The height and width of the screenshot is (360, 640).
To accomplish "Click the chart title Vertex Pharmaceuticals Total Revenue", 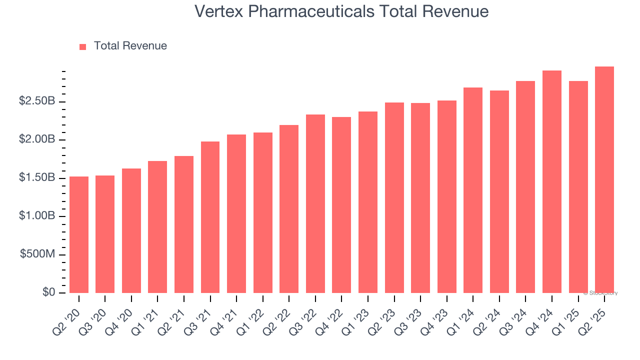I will pos(341,11).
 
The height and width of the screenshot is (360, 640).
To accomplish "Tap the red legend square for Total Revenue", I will pos(83,46).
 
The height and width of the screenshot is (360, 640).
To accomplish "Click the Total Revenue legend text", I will pos(130,46).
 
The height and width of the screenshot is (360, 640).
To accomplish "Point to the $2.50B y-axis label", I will pos(37,101).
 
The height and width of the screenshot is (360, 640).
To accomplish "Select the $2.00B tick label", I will pos(37,139).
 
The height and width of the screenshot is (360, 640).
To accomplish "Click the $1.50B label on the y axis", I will pos(37,178).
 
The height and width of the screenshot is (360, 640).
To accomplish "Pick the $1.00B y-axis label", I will pos(37,216).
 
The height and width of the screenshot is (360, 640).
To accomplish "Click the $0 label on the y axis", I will pos(48,292).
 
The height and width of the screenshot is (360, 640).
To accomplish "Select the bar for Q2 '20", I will pos(79,234).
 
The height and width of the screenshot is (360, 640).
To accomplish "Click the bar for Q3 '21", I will pos(210,217).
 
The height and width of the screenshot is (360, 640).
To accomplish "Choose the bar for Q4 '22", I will pos(341,205).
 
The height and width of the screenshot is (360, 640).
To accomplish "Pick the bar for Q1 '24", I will pos(473,190).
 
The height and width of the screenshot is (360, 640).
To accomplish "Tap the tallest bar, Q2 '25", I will pos(604,180).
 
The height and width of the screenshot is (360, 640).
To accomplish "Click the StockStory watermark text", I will pos(600,293).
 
